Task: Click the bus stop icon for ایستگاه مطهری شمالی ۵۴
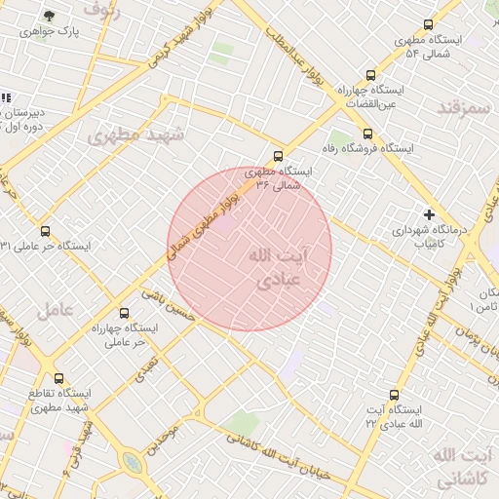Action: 428,25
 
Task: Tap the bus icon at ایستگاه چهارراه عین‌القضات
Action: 369,75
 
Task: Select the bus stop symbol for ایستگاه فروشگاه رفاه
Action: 367,134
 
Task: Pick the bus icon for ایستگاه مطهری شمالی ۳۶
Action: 279,156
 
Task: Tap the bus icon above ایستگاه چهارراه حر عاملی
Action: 123,313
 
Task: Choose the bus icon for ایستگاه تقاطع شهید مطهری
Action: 58,378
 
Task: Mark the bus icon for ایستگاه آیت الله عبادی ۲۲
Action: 394,395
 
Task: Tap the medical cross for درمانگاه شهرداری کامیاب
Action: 428,214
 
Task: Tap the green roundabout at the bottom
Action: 133,463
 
